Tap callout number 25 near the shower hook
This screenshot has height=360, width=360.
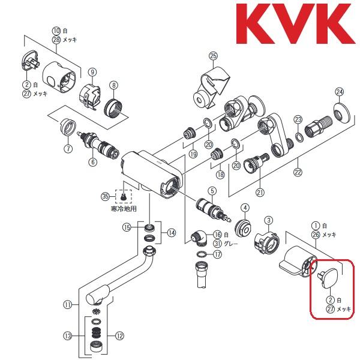(212, 56)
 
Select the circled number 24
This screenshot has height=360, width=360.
(340, 92)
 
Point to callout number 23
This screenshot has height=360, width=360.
(298, 120)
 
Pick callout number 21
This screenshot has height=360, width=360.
(260, 192)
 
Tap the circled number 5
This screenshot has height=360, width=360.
(211, 191)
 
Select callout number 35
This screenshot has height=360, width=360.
(106, 196)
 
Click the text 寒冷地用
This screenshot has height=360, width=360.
(124, 209)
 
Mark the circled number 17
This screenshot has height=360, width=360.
(217, 254)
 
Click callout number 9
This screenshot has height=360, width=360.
(92, 72)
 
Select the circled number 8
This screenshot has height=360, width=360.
(112, 86)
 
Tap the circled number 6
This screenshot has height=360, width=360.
(92, 161)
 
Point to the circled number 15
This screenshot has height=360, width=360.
(127, 227)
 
